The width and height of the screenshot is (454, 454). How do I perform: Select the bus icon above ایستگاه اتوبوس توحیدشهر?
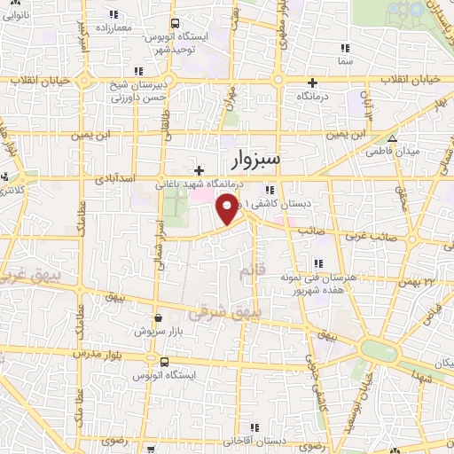175,23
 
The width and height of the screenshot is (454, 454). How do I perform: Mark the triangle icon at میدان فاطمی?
392,138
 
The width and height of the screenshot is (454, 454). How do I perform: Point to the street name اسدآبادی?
116,179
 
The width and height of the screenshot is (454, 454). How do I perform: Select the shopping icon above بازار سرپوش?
158,317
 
